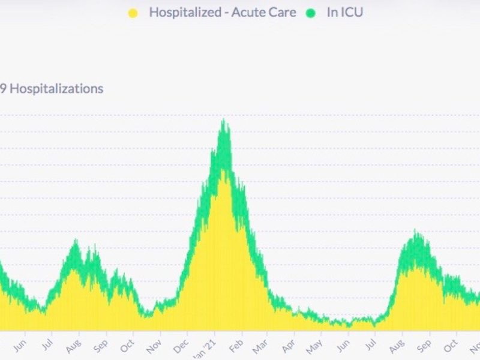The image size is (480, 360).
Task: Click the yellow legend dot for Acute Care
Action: tap(133, 13)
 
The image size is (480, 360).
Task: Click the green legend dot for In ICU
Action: tap(311, 13)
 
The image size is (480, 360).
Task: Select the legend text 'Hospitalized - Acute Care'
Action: tap(223, 12)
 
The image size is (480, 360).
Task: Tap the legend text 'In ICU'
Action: tap(345, 12)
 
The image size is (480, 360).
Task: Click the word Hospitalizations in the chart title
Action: tap(57, 89)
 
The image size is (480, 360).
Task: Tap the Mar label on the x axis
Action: tap(260, 347)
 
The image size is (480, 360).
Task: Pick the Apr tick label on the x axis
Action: tap(289, 347)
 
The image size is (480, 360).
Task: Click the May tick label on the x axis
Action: tap(314, 347)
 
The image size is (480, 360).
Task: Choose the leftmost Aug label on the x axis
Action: tap(73, 347)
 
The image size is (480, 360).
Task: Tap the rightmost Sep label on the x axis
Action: tap(424, 347)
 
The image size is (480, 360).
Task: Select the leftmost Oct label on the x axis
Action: tap(127, 347)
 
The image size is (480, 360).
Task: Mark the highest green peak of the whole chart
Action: tap(224, 120)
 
